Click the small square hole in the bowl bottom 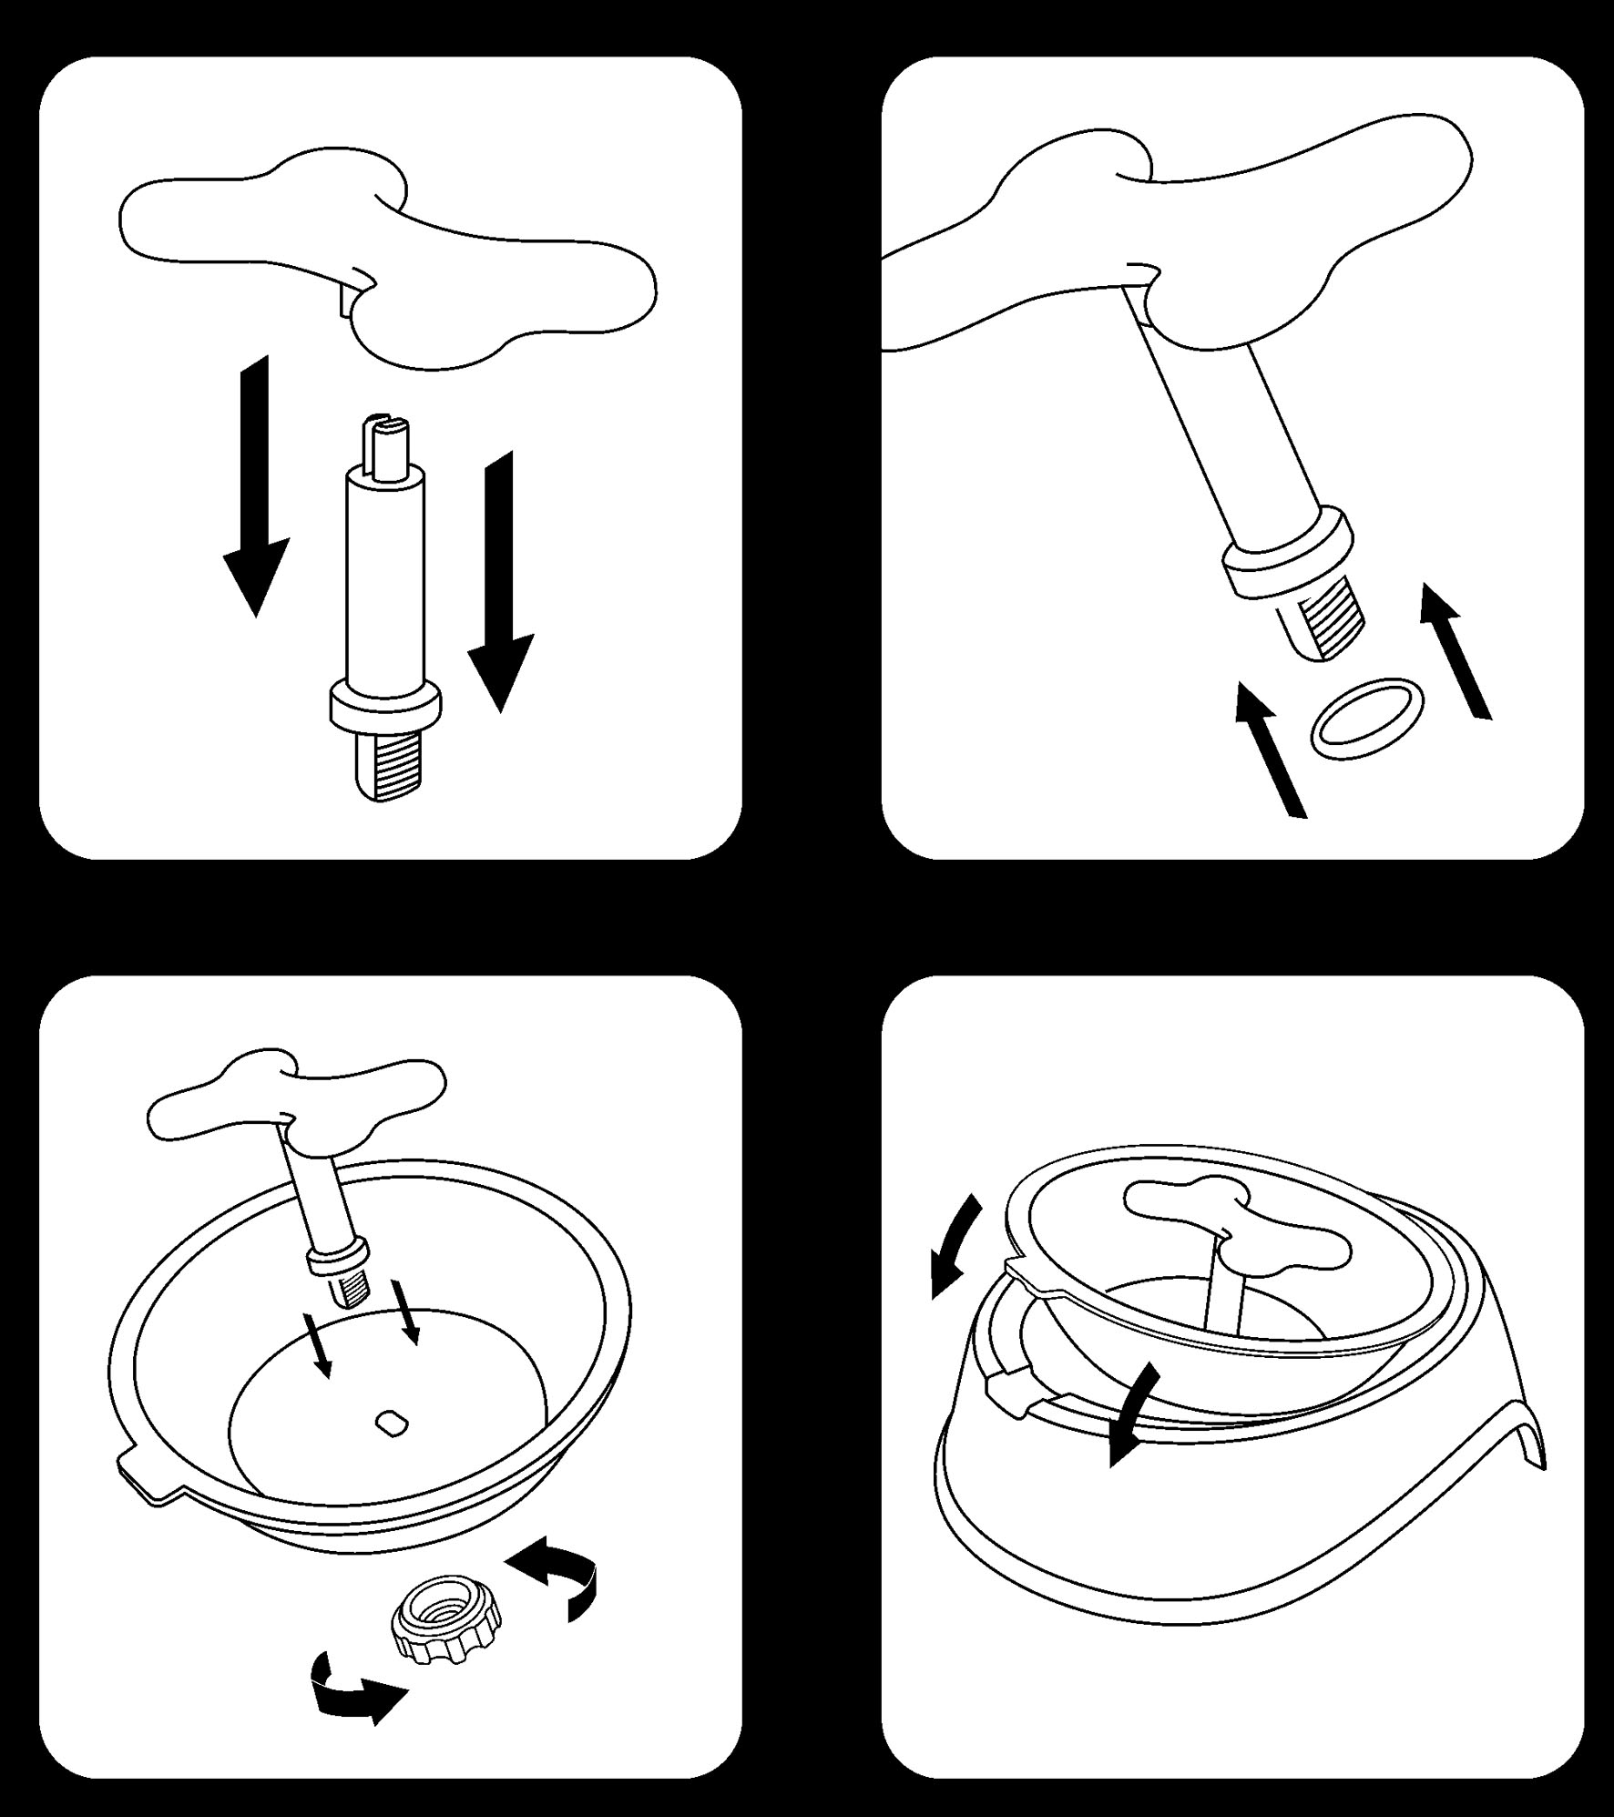(392, 1421)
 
